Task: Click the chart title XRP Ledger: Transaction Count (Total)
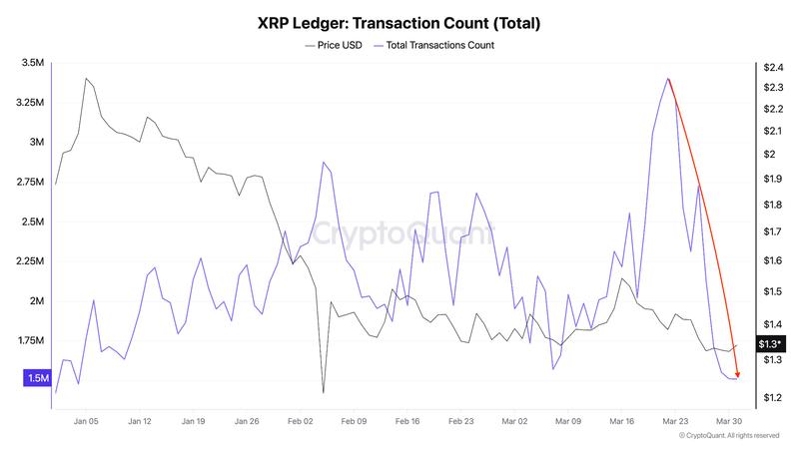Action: (399, 21)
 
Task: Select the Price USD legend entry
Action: (335, 45)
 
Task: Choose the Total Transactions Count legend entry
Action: (433, 45)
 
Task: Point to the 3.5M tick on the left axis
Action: (32, 63)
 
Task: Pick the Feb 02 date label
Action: (300, 422)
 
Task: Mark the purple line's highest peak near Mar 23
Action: (667, 78)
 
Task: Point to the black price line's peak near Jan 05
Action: (86, 78)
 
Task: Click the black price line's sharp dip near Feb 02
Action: (323, 392)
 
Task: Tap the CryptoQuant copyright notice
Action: (728, 436)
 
